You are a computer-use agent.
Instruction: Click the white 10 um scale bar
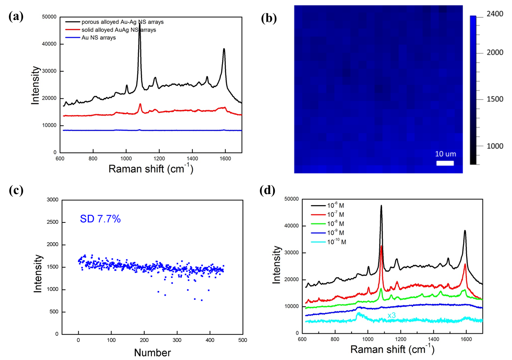(445, 163)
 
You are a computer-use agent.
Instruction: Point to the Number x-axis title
(152, 353)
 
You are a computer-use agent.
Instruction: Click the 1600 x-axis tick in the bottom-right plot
(466, 338)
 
